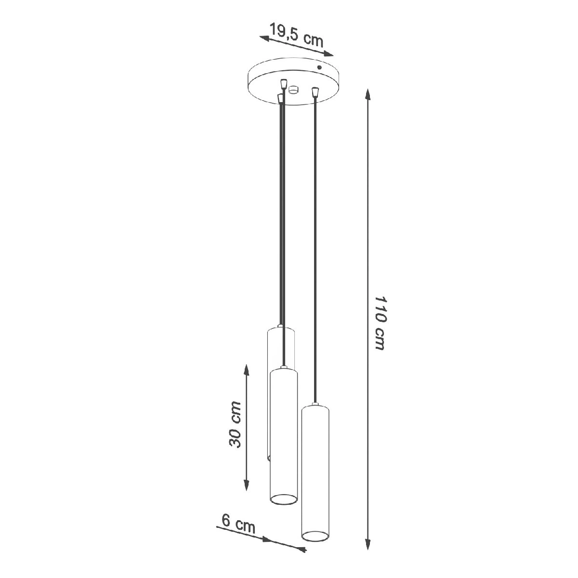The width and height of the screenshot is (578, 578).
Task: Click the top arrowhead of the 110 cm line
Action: [x=368, y=94]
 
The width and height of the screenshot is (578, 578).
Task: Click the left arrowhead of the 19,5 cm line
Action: [x=264, y=38]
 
